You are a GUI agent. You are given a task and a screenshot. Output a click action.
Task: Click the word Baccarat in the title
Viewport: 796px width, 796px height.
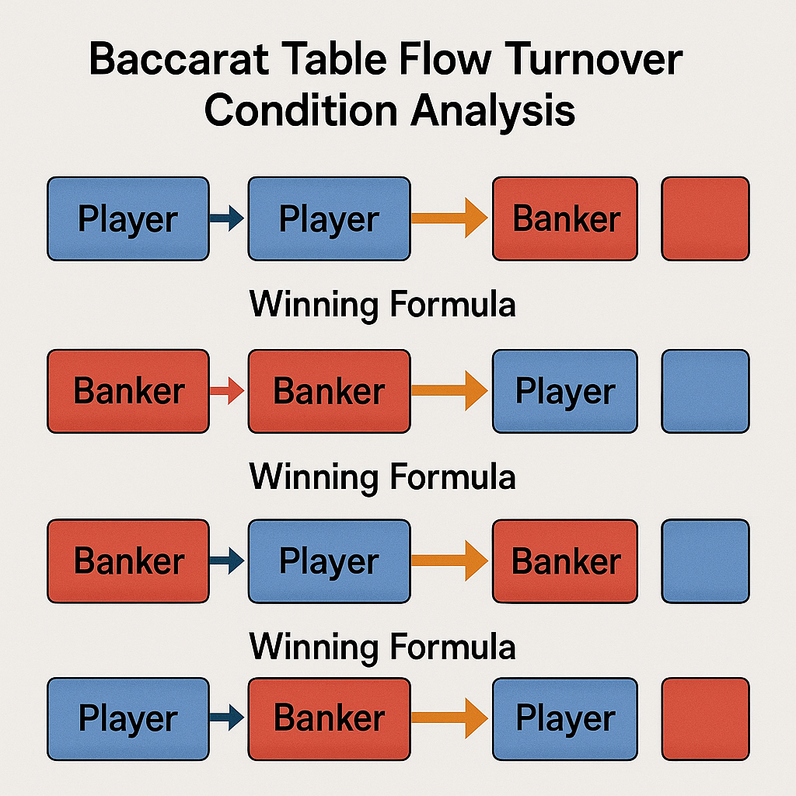pos(179,59)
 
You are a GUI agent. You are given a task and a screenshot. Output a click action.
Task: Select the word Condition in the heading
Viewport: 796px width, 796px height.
pos(301,110)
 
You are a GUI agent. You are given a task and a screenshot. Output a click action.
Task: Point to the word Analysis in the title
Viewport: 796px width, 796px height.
pos(493,112)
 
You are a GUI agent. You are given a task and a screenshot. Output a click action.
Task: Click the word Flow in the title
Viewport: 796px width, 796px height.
pos(445,59)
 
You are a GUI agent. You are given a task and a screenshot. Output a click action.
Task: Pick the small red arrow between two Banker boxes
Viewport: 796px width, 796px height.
pos(227,391)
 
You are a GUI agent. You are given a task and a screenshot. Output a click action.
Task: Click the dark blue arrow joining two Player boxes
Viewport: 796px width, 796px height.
pos(227,218)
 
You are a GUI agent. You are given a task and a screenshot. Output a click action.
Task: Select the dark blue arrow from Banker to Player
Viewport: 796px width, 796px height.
pos(227,561)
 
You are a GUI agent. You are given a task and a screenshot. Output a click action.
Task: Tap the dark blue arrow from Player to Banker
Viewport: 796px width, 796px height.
pos(227,717)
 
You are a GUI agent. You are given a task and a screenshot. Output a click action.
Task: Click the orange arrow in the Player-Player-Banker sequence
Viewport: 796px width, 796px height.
pos(450,218)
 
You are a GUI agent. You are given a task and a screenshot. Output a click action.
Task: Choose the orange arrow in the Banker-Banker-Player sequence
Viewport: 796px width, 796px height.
pos(450,391)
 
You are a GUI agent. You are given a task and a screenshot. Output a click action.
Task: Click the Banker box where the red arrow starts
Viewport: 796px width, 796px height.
pos(128,392)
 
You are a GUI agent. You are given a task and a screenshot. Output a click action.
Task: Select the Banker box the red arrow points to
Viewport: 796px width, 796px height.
pos(330,392)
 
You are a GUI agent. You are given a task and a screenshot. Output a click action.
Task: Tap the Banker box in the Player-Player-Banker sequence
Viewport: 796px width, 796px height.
pos(565,218)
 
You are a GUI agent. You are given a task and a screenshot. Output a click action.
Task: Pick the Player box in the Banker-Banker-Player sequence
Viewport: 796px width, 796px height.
pos(565,392)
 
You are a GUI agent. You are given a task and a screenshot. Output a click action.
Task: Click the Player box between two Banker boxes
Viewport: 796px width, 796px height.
pos(330,561)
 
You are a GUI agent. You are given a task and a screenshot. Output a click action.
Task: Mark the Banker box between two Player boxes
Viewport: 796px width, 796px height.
pos(330,719)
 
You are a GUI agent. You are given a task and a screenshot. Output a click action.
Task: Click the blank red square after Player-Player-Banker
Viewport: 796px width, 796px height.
pos(706,218)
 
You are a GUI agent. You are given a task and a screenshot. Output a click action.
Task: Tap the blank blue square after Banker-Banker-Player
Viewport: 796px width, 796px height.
pos(706,392)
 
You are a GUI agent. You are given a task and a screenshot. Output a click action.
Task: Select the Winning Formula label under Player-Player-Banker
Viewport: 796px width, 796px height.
pos(382,305)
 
